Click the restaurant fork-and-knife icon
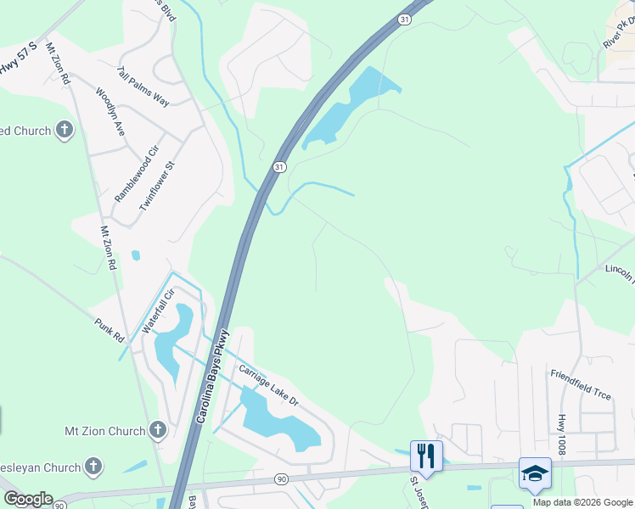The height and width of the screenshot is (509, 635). [x=426, y=456]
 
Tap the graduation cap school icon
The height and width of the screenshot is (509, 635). [x=535, y=473]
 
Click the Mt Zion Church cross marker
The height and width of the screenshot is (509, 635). [x=156, y=431]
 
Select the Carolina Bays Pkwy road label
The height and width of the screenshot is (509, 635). [x=214, y=376]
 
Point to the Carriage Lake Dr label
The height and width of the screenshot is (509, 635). [x=268, y=384]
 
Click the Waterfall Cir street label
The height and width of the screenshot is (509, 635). [x=158, y=311]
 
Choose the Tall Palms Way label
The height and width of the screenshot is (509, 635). [x=143, y=87]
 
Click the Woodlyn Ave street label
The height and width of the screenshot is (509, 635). [x=110, y=113]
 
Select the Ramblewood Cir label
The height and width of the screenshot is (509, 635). [x=137, y=174]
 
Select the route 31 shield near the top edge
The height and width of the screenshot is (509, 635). [x=404, y=19]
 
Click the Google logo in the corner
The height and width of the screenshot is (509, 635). [x=27, y=499]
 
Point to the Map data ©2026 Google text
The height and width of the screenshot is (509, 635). [x=582, y=502]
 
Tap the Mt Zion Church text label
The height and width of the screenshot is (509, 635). [x=105, y=431]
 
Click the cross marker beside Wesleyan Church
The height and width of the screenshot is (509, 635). [x=93, y=467]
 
